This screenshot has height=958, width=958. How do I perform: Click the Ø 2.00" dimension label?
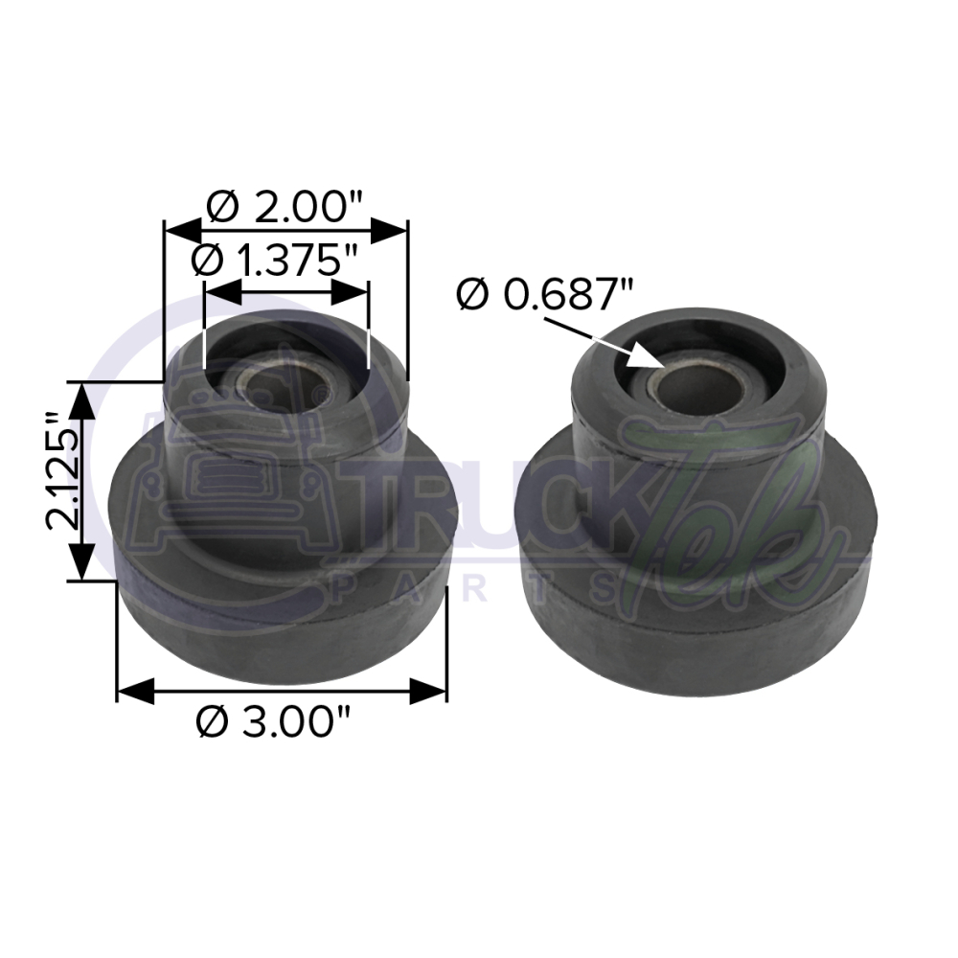pyautogui.click(x=285, y=205)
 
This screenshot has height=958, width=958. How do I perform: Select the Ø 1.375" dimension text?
pyautogui.click(x=274, y=260)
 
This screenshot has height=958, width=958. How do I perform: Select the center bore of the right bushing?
pyautogui.click(x=695, y=389)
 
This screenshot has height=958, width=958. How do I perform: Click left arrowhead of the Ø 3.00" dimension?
pyautogui.click(x=134, y=690)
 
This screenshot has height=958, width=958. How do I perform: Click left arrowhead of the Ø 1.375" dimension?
pyautogui.click(x=221, y=291)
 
